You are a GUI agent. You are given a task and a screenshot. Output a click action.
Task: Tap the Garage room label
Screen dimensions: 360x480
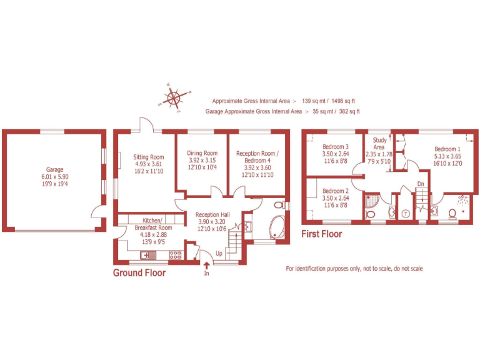coord(54,169)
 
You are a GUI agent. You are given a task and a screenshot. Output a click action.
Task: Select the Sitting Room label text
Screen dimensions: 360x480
coord(148,157)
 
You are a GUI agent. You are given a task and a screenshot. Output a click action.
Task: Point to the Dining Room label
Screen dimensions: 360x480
coord(202,153)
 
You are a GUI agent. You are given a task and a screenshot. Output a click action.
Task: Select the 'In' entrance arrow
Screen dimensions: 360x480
coord(207,267)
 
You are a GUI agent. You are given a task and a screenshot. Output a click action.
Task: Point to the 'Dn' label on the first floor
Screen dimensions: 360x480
coord(421,184)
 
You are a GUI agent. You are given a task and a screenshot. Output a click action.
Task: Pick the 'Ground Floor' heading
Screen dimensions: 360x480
coord(139,273)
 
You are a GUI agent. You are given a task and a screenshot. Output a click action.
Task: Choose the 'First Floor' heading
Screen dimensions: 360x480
coord(322,234)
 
